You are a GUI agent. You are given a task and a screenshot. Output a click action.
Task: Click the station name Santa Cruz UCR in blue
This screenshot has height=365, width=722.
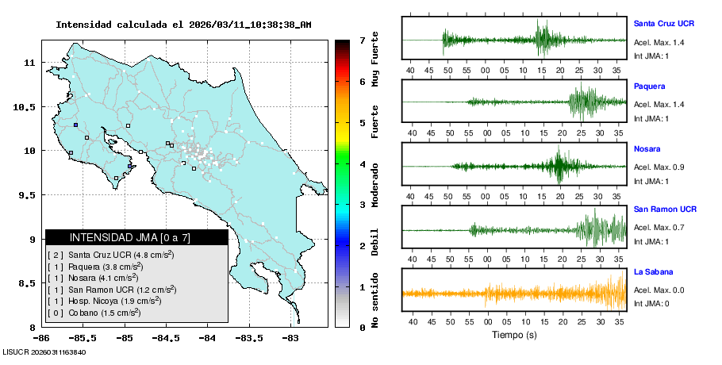(664, 23)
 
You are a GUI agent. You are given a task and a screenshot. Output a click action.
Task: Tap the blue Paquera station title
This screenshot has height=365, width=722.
(649, 86)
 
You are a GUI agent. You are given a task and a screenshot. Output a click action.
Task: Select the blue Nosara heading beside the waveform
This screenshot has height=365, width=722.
(647, 148)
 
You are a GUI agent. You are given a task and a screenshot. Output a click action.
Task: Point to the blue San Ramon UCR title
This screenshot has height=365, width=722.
(665, 209)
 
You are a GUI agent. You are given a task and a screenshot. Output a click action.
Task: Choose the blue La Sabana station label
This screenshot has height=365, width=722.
(653, 272)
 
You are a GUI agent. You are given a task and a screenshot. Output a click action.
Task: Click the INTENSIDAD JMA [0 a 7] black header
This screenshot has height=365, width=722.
(136, 237)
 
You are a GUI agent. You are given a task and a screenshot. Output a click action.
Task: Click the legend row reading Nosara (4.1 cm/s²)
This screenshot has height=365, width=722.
(103, 278)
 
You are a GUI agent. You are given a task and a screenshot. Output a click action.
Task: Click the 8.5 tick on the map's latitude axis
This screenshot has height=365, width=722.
(27, 283)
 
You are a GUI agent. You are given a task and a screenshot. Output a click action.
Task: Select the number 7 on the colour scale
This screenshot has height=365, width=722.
(362, 40)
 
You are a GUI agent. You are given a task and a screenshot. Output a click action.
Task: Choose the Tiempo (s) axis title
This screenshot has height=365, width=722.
(514, 336)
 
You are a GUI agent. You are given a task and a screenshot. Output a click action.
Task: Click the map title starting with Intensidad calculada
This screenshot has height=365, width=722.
(183, 25)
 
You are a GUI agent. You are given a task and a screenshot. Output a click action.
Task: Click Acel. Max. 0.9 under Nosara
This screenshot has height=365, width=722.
(659, 167)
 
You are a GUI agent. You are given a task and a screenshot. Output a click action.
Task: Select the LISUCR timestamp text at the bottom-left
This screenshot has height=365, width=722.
(44, 352)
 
